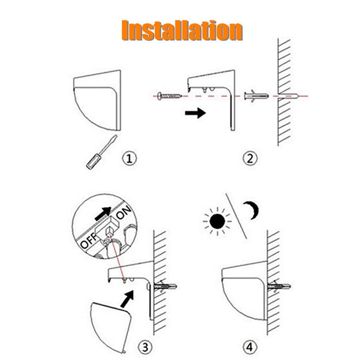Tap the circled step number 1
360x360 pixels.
click(130, 158)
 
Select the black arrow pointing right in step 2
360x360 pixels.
click(193, 112)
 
